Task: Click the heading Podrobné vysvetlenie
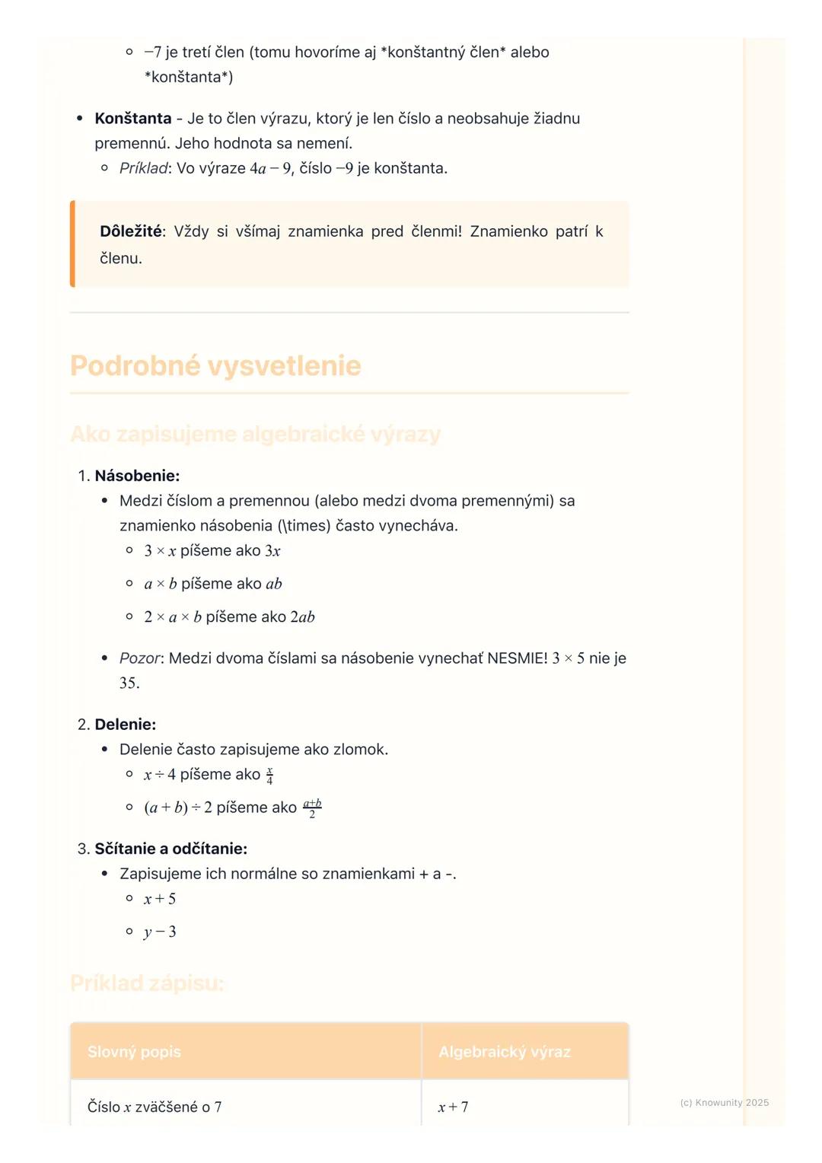[215, 366]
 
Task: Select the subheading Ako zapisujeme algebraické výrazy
[255, 434]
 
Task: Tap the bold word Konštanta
[133, 119]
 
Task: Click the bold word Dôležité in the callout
[131, 231]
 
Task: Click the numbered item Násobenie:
[137, 476]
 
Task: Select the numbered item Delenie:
[125, 725]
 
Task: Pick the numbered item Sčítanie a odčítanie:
[170, 849]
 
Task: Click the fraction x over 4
[269, 776]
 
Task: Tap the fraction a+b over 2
[312, 808]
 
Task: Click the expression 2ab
[303, 617]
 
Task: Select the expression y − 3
[160, 932]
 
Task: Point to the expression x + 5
[160, 899]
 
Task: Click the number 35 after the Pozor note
[129, 683]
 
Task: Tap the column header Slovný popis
[134, 1052]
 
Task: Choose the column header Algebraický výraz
[504, 1052]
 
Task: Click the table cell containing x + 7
[454, 1107]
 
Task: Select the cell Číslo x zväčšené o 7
[155, 1107]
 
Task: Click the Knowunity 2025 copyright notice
[724, 1103]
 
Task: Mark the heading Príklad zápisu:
[147, 983]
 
